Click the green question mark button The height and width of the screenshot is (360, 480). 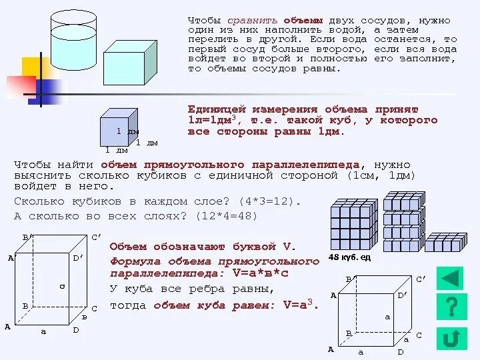451,306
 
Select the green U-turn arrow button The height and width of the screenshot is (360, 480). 451,337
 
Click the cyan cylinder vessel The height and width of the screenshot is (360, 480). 73,40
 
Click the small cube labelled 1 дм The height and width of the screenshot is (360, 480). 118,127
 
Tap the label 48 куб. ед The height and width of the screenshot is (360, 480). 349,257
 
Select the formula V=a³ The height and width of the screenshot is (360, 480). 301,305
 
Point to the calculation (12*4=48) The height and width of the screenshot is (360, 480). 226,216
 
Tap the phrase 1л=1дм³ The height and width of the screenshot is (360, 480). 214,121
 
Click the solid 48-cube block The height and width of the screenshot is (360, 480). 353,225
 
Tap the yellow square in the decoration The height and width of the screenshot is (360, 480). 35,67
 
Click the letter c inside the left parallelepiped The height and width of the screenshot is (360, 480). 61,286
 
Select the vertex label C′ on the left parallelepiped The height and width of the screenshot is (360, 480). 96,237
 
